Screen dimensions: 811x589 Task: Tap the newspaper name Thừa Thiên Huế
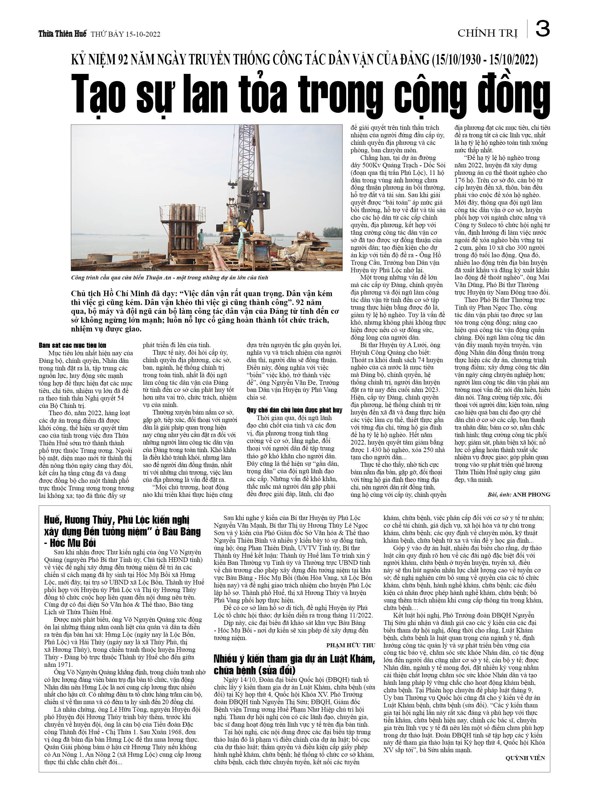coord(62,34)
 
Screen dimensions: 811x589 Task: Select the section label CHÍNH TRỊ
coord(487,33)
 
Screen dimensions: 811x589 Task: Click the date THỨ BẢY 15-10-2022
coord(126,34)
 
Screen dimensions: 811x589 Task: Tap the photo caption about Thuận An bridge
coord(170,278)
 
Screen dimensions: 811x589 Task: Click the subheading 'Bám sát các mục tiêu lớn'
coord(73,346)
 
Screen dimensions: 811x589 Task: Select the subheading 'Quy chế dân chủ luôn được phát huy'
coord(294,410)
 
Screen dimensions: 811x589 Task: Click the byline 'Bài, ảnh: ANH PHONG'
coord(518,495)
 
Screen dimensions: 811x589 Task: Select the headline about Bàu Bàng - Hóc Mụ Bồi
coord(122,532)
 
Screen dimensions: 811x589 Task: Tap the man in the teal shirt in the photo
coord(201,239)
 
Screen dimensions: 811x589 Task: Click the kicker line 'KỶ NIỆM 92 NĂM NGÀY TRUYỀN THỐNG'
coord(304,60)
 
